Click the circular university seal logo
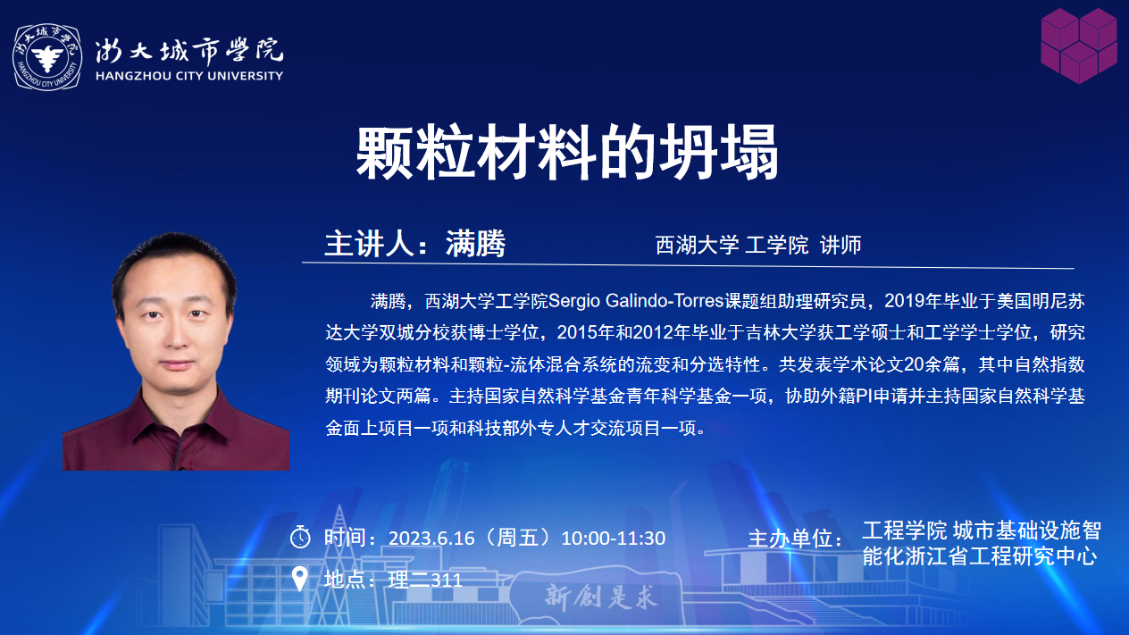pos(47,57)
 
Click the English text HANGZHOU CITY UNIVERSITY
pos(189,76)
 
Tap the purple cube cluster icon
pos(1079,46)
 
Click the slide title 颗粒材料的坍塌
pos(567,152)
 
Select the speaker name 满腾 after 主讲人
pos(475,244)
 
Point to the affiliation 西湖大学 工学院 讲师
pos(758,245)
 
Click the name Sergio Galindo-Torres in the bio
pos(636,301)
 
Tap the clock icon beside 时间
pos(300,537)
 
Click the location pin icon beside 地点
pos(300,579)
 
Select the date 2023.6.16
pos(431,539)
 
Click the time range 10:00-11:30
pos(614,539)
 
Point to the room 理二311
pos(425,580)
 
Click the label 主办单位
pos(795,539)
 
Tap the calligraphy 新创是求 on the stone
pos(601,597)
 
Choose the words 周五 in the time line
pos(518,539)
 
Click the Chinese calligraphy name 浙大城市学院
pos(189,50)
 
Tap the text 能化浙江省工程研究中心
pos(979,556)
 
